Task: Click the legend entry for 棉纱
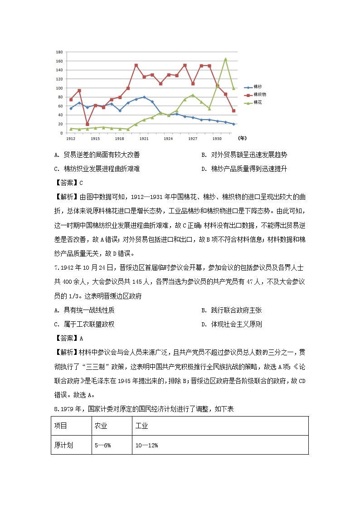point(257,87)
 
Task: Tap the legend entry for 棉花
point(257,103)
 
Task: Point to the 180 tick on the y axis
point(59,52)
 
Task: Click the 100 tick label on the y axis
point(59,88)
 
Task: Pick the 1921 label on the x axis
point(144,138)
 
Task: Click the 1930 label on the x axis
point(217,138)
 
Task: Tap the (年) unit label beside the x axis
point(243,138)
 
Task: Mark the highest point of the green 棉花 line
point(225,59)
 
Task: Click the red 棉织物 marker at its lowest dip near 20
point(87,124)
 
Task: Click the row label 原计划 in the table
point(63,446)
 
